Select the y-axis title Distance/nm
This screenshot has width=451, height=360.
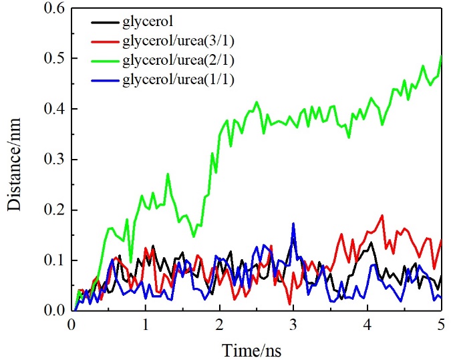[x=15, y=160]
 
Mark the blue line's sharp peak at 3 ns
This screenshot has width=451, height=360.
[x=293, y=224]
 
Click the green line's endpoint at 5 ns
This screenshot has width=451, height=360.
[x=441, y=56]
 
